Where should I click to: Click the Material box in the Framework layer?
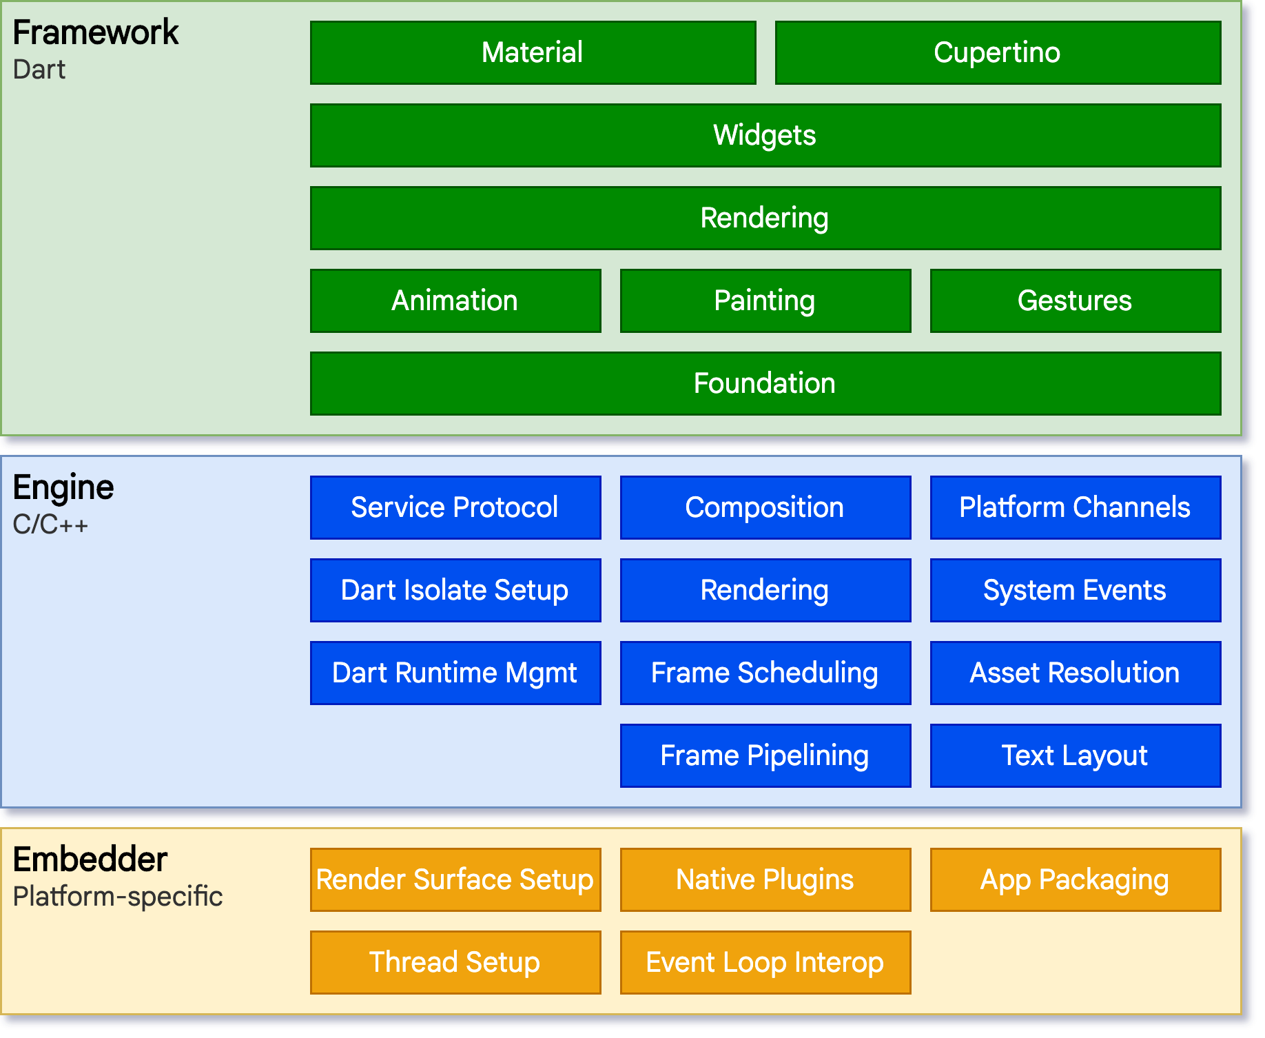tap(533, 53)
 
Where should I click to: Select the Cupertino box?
tap(998, 53)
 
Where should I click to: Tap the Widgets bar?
tap(765, 136)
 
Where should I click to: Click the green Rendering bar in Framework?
tap(765, 218)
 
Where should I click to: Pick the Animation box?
tap(455, 301)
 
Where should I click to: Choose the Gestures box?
tap(1075, 301)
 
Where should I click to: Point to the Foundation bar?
tap(765, 384)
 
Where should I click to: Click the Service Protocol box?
tap(455, 508)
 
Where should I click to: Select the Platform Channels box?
tap(1075, 508)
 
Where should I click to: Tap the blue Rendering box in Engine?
tap(765, 591)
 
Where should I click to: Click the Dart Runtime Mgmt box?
tap(455, 673)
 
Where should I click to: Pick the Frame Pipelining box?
tap(765, 756)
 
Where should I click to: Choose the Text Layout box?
tap(1075, 756)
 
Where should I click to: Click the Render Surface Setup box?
tap(455, 880)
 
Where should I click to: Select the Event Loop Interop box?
tap(765, 963)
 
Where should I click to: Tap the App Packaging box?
tap(1075, 880)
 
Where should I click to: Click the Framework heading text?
tap(96, 33)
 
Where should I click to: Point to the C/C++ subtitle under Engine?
tap(50, 525)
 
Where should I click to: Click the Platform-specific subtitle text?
tap(118, 897)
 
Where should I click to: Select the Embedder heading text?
tap(90, 860)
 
